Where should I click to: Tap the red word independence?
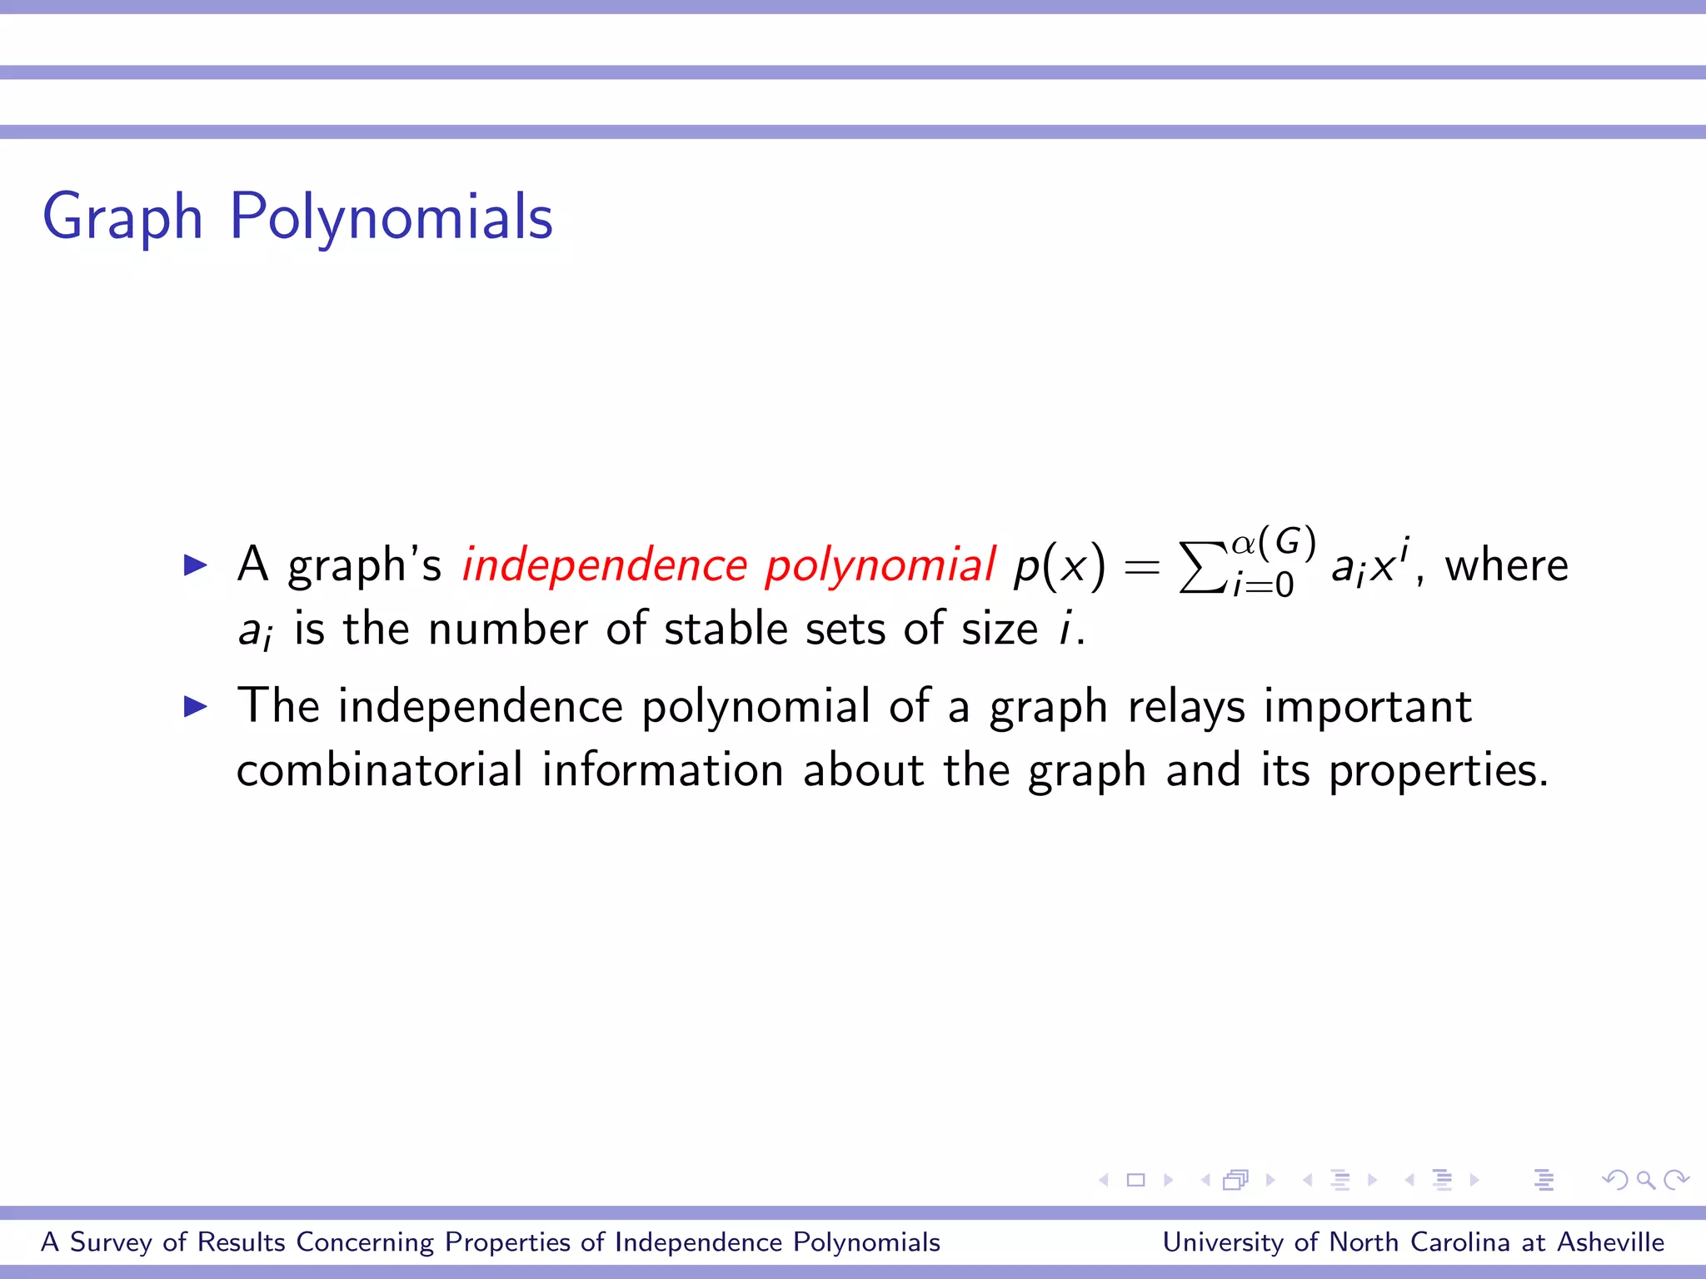tap(605, 565)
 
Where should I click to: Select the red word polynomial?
tap(880, 565)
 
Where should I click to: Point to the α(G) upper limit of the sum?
tap(1274, 542)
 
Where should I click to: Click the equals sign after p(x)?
tap(1141, 567)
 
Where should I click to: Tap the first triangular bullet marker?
tap(195, 565)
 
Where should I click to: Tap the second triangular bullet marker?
tap(195, 707)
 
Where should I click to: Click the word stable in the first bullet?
tap(726, 628)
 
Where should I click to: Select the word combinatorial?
tap(380, 769)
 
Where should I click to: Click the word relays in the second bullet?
tap(1186, 707)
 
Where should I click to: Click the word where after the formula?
tap(1506, 565)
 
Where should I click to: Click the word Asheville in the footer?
tap(1610, 1242)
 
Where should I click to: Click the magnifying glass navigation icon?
tap(1645, 1179)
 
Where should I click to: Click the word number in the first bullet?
tap(507, 628)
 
